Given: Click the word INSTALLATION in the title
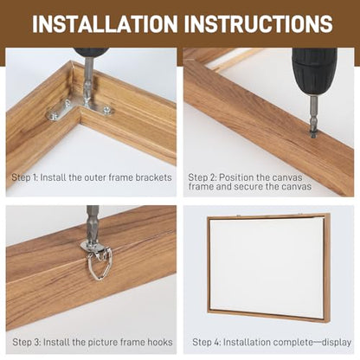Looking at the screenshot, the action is (x=105, y=23).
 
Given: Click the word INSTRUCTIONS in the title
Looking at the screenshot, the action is (x=259, y=23).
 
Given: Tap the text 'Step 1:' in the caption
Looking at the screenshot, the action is (x=25, y=177).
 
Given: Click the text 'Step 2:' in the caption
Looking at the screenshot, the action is (x=202, y=177).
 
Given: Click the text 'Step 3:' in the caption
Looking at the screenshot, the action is (x=27, y=343).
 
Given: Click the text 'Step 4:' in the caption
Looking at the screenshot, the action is (x=207, y=343).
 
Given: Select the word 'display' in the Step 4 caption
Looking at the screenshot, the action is (x=336, y=343).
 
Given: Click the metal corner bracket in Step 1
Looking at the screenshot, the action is (x=80, y=110).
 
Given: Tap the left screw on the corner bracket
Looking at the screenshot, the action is (x=54, y=117).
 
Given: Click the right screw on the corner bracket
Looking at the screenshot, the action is (x=107, y=109).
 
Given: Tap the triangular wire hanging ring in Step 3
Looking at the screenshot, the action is (x=99, y=266).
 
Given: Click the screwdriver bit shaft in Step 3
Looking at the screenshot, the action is (x=92, y=224).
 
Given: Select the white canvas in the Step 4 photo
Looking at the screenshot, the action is (x=267, y=267).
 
